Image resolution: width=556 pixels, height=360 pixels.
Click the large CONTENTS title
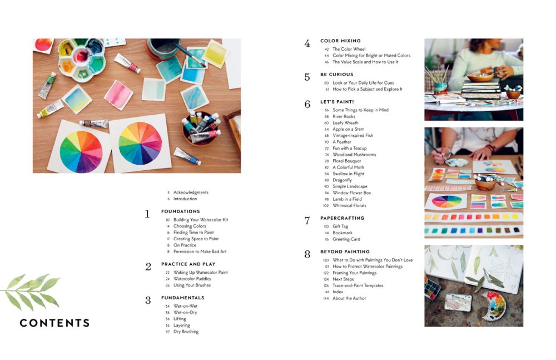(54, 323)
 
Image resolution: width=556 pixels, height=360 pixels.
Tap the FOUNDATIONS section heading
(180, 211)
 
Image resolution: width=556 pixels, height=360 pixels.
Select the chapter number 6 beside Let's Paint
(307, 104)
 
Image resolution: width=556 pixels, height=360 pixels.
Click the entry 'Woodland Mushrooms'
(354, 155)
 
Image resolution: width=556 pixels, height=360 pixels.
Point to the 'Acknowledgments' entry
(191, 193)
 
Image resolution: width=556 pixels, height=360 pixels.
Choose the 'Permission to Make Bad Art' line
(201, 251)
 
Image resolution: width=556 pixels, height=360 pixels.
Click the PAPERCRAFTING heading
(342, 218)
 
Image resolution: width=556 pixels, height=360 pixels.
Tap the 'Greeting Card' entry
(346, 239)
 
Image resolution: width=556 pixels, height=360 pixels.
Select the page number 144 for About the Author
(326, 298)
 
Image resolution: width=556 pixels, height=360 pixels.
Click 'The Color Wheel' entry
(349, 49)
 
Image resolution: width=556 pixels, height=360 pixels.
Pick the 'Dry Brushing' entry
(186, 332)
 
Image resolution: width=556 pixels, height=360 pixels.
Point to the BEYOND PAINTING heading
(345, 251)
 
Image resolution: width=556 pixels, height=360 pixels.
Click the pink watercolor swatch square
(118, 95)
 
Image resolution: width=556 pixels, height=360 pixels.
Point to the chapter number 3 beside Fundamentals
(148, 300)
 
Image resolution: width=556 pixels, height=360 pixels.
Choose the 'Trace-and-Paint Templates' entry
(358, 285)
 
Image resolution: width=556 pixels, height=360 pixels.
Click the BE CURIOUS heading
(336, 75)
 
